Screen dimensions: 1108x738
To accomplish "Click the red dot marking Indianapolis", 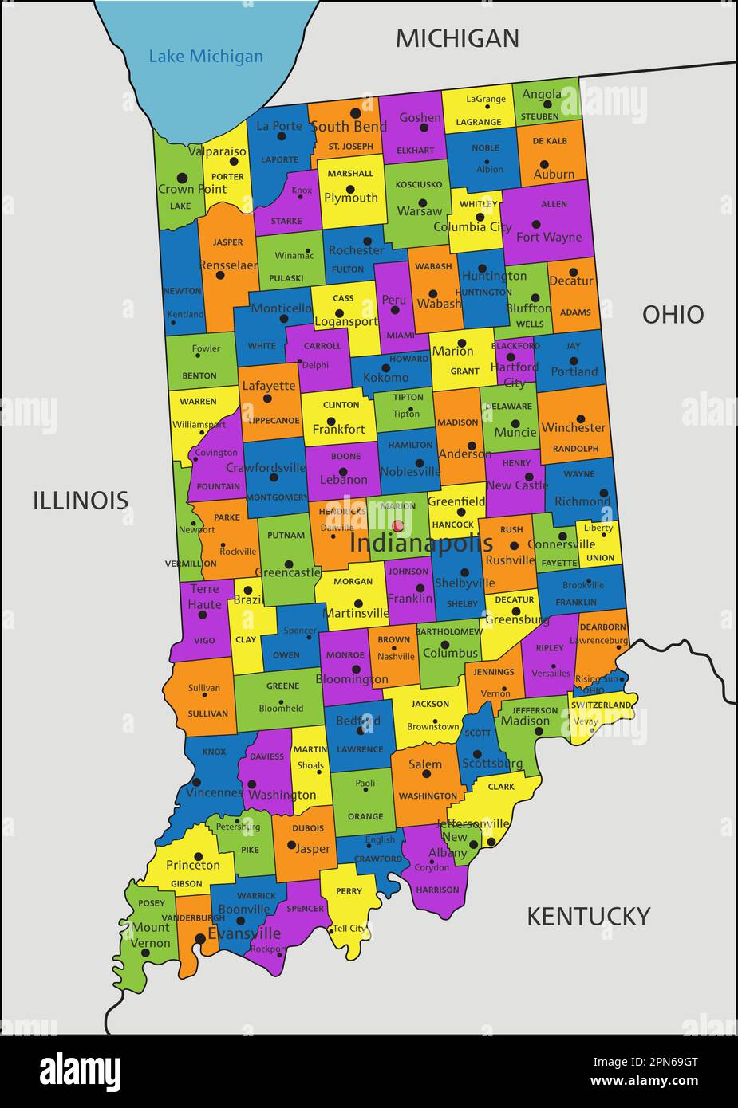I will coord(397,525).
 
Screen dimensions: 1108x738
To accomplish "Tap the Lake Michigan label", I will coord(206,57).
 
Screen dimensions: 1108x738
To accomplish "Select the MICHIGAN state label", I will coord(457,38).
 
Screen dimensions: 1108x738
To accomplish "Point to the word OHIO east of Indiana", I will coord(673,315).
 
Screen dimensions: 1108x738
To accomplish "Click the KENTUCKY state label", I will coord(588,917).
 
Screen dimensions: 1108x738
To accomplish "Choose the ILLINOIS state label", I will coord(81,501).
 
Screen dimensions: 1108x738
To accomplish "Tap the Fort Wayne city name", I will coord(549,237).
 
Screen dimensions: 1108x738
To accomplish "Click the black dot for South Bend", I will coord(355,113).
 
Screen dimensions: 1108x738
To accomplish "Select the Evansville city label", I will coord(244,933).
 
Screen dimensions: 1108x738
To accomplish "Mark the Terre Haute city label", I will coord(204,597).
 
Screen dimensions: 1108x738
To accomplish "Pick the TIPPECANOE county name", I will coord(273,420).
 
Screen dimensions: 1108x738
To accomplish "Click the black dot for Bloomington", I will coord(356,669).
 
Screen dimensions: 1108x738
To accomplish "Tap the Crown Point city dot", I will coord(182,178).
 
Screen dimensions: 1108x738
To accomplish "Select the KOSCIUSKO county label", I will coord(418,184).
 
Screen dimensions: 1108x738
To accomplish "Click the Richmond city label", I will coord(582,501).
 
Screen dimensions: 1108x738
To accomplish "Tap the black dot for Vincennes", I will coord(197,782).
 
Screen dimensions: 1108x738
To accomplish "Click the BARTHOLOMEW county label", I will coord(448,631).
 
